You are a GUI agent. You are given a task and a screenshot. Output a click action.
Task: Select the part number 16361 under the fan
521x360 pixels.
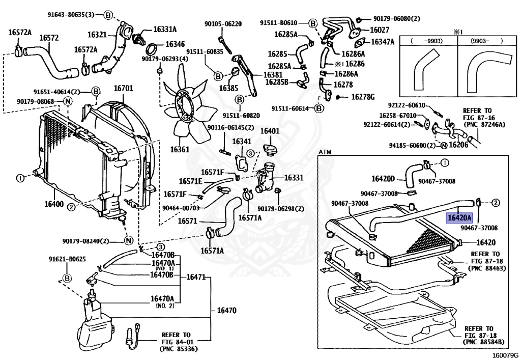[180, 150]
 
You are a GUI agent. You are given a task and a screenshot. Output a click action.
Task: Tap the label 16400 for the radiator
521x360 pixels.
[53, 204]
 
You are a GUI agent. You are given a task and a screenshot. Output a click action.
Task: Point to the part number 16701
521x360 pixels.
[123, 89]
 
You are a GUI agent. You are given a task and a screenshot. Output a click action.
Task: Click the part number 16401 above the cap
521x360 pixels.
[270, 131]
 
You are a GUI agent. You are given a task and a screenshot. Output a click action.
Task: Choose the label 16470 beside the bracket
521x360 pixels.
[227, 310]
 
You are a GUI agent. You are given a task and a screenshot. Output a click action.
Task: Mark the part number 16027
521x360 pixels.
[380, 30]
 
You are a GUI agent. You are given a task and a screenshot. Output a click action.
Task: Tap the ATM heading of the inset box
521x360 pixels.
[325, 152]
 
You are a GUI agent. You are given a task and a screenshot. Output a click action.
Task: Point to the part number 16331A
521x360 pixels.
[165, 29]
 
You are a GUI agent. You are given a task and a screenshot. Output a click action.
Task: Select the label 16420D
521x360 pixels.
[383, 179]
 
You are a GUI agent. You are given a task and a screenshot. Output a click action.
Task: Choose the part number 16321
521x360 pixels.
[97, 35]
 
